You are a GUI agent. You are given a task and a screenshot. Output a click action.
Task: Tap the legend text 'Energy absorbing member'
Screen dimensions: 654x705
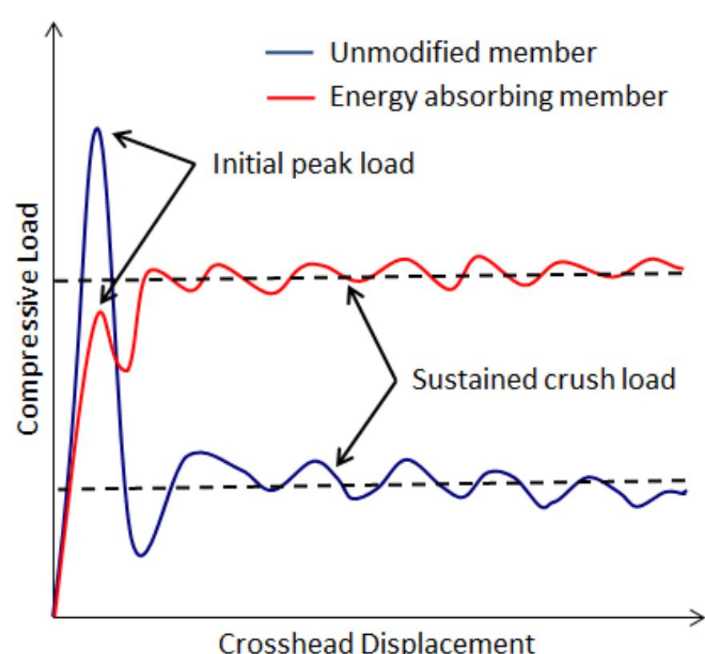497,97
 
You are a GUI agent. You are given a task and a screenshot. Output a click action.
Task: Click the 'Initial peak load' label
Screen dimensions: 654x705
312,165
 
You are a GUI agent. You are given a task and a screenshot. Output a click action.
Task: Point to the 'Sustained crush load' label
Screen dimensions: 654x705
544,377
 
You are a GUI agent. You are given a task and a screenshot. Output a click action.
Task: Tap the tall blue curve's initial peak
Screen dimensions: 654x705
97,128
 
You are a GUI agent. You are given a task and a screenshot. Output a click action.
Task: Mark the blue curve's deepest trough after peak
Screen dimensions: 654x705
140,555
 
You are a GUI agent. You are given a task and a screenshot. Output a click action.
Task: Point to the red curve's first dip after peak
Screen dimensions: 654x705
125,370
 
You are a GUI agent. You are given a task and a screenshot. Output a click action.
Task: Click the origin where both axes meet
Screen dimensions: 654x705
54,616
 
